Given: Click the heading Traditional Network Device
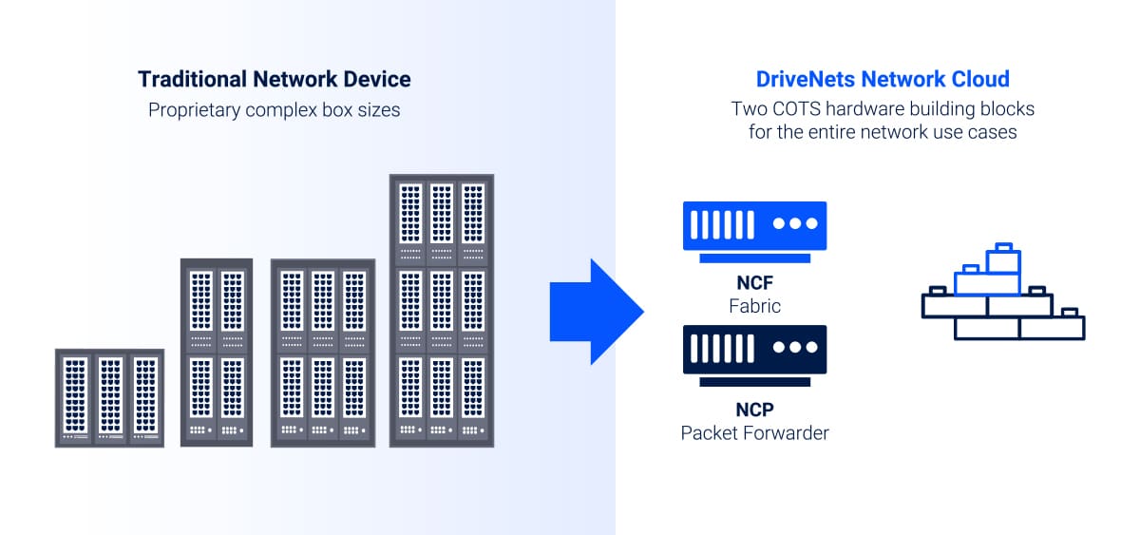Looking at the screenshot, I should click(275, 79).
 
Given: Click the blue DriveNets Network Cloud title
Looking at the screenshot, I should click(883, 79).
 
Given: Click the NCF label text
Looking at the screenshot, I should click(755, 284).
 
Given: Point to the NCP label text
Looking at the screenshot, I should click(755, 411).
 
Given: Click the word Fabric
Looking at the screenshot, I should click(755, 306).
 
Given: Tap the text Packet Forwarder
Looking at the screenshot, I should click(755, 433).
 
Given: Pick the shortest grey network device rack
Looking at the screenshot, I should click(109, 398).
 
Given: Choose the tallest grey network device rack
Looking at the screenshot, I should click(442, 310).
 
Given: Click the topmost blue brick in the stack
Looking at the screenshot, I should click(1002, 258).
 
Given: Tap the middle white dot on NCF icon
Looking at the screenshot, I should click(796, 224).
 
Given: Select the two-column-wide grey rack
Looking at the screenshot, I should click(217, 352).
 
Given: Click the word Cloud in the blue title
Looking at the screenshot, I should click(982, 79).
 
